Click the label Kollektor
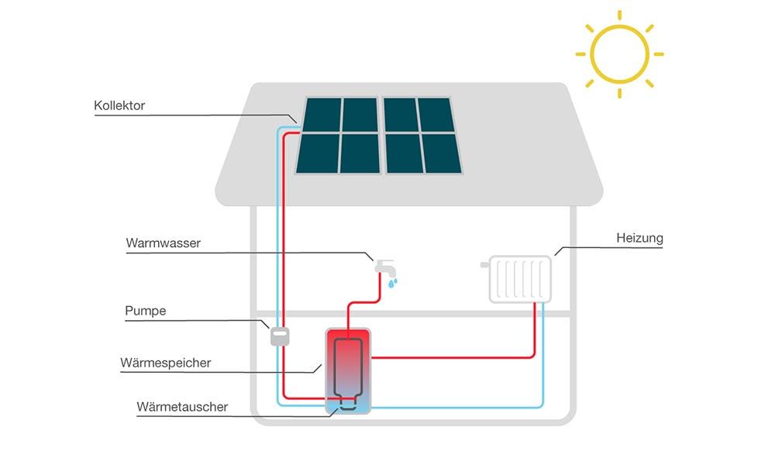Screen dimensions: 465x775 [x=119, y=105]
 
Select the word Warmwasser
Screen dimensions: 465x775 [x=163, y=243]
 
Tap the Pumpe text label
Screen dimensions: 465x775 [x=146, y=312]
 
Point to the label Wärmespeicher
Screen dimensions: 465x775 [x=165, y=363]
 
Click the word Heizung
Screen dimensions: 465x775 [x=639, y=238]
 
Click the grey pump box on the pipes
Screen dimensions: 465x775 [x=279, y=336]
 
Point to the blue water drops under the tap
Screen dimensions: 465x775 [x=393, y=284]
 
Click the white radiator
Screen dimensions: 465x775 [x=520, y=279]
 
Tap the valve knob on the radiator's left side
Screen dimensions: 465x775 [x=485, y=265]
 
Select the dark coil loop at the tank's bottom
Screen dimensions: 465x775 [x=347, y=401]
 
